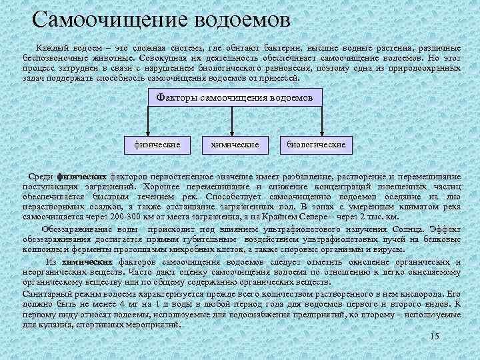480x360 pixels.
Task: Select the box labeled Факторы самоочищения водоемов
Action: click(x=234, y=97)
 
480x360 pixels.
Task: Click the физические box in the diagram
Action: click(x=157, y=143)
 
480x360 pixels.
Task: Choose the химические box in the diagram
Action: click(x=235, y=143)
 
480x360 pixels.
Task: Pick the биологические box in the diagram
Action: click(x=316, y=143)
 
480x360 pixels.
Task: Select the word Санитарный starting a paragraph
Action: click(x=43, y=293)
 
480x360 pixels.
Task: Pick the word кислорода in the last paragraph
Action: click(x=423, y=293)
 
